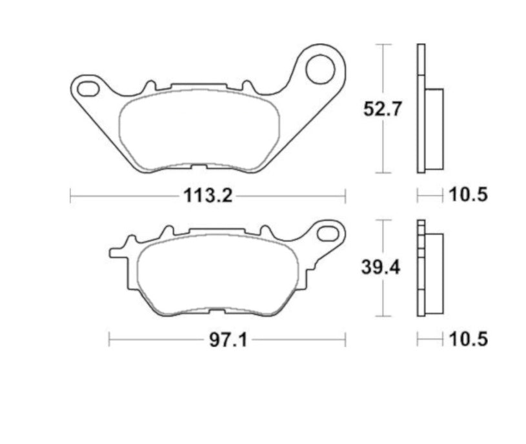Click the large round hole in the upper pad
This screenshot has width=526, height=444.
[x=320, y=69]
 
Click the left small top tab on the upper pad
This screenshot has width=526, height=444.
[x=149, y=86]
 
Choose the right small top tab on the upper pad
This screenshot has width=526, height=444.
[x=246, y=86]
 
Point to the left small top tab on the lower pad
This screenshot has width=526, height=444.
[x=167, y=230]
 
